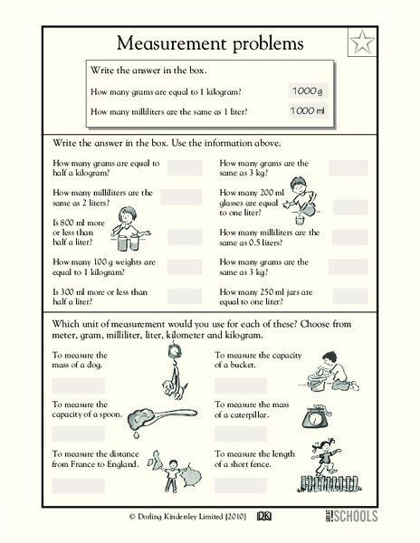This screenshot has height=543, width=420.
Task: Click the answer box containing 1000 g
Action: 302,91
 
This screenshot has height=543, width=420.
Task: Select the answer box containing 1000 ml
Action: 302,111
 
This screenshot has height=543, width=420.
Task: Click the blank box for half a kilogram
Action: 185,167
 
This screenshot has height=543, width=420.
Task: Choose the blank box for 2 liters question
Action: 185,196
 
